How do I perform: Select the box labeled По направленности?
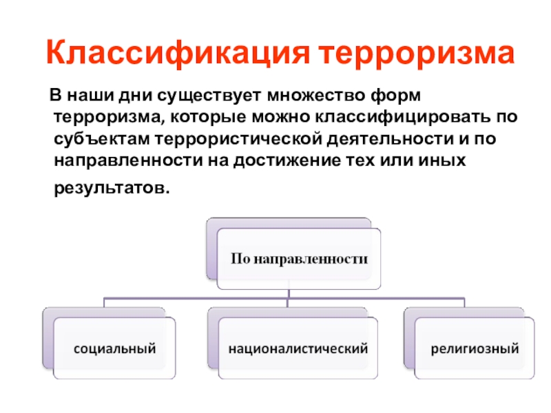[298, 260]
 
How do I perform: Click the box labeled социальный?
[115, 349]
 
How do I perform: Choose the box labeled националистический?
[298, 349]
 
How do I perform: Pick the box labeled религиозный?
[475, 349]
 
